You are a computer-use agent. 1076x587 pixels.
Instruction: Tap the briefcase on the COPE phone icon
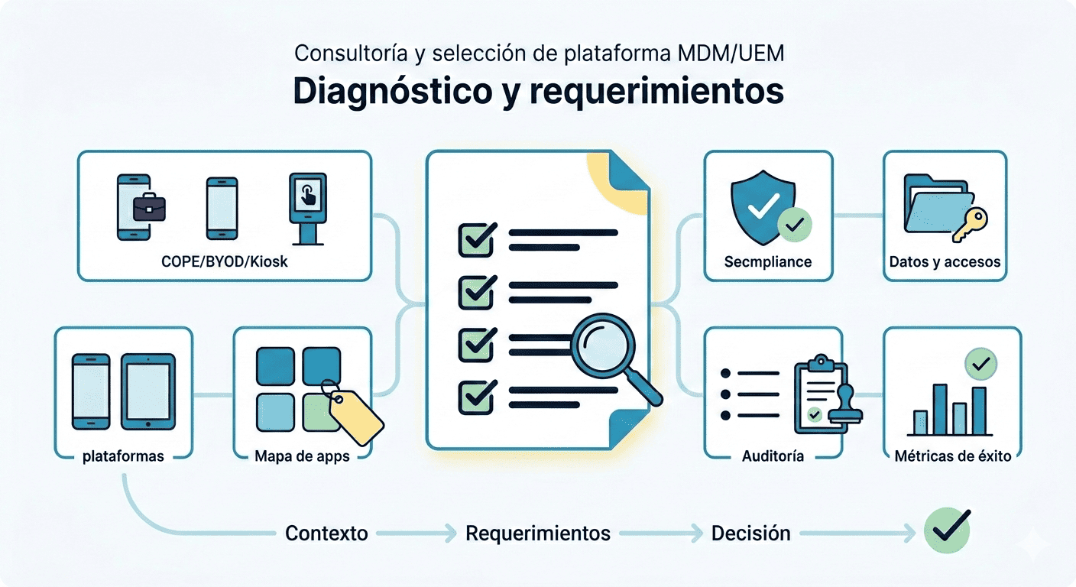pyautogui.click(x=149, y=207)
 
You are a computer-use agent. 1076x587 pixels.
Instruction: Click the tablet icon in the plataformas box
pyautogui.click(x=148, y=391)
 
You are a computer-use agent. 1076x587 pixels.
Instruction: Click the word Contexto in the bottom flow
pyautogui.click(x=326, y=533)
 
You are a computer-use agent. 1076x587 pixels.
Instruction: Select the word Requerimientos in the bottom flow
pyautogui.click(x=538, y=533)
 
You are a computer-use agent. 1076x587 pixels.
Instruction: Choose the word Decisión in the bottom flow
pyautogui.click(x=750, y=533)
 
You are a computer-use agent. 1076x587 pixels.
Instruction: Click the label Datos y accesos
pyautogui.click(x=945, y=262)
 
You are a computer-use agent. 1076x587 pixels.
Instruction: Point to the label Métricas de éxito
pyautogui.click(x=952, y=456)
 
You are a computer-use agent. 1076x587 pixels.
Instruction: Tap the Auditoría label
pyautogui.click(x=773, y=456)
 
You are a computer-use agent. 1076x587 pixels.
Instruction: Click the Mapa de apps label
pyautogui.click(x=302, y=456)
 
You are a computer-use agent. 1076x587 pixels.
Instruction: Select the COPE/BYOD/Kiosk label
pyautogui.click(x=225, y=262)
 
